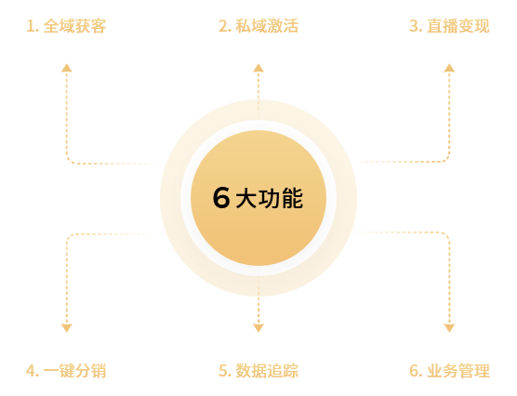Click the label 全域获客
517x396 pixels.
(74, 26)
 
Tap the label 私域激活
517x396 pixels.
(267, 26)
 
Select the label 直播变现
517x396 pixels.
(458, 26)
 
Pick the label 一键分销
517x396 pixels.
(74, 371)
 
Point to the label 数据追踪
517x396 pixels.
(267, 371)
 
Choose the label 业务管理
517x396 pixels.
(458, 371)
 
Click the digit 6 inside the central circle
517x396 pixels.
(221, 197)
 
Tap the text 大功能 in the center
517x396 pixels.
(269, 198)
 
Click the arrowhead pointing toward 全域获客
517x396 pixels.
(67, 68)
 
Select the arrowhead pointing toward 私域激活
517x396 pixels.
(258, 68)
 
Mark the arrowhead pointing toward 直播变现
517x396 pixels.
(449, 68)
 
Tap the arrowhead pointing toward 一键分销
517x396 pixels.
(67, 328)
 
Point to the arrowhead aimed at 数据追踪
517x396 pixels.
(258, 328)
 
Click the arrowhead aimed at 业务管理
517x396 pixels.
(449, 328)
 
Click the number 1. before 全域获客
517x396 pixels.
(33, 26)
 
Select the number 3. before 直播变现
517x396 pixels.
(416, 26)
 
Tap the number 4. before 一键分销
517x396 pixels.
(33, 371)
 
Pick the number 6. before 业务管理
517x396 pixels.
(416, 371)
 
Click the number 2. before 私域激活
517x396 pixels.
(225, 26)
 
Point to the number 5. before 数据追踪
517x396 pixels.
(225, 371)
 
